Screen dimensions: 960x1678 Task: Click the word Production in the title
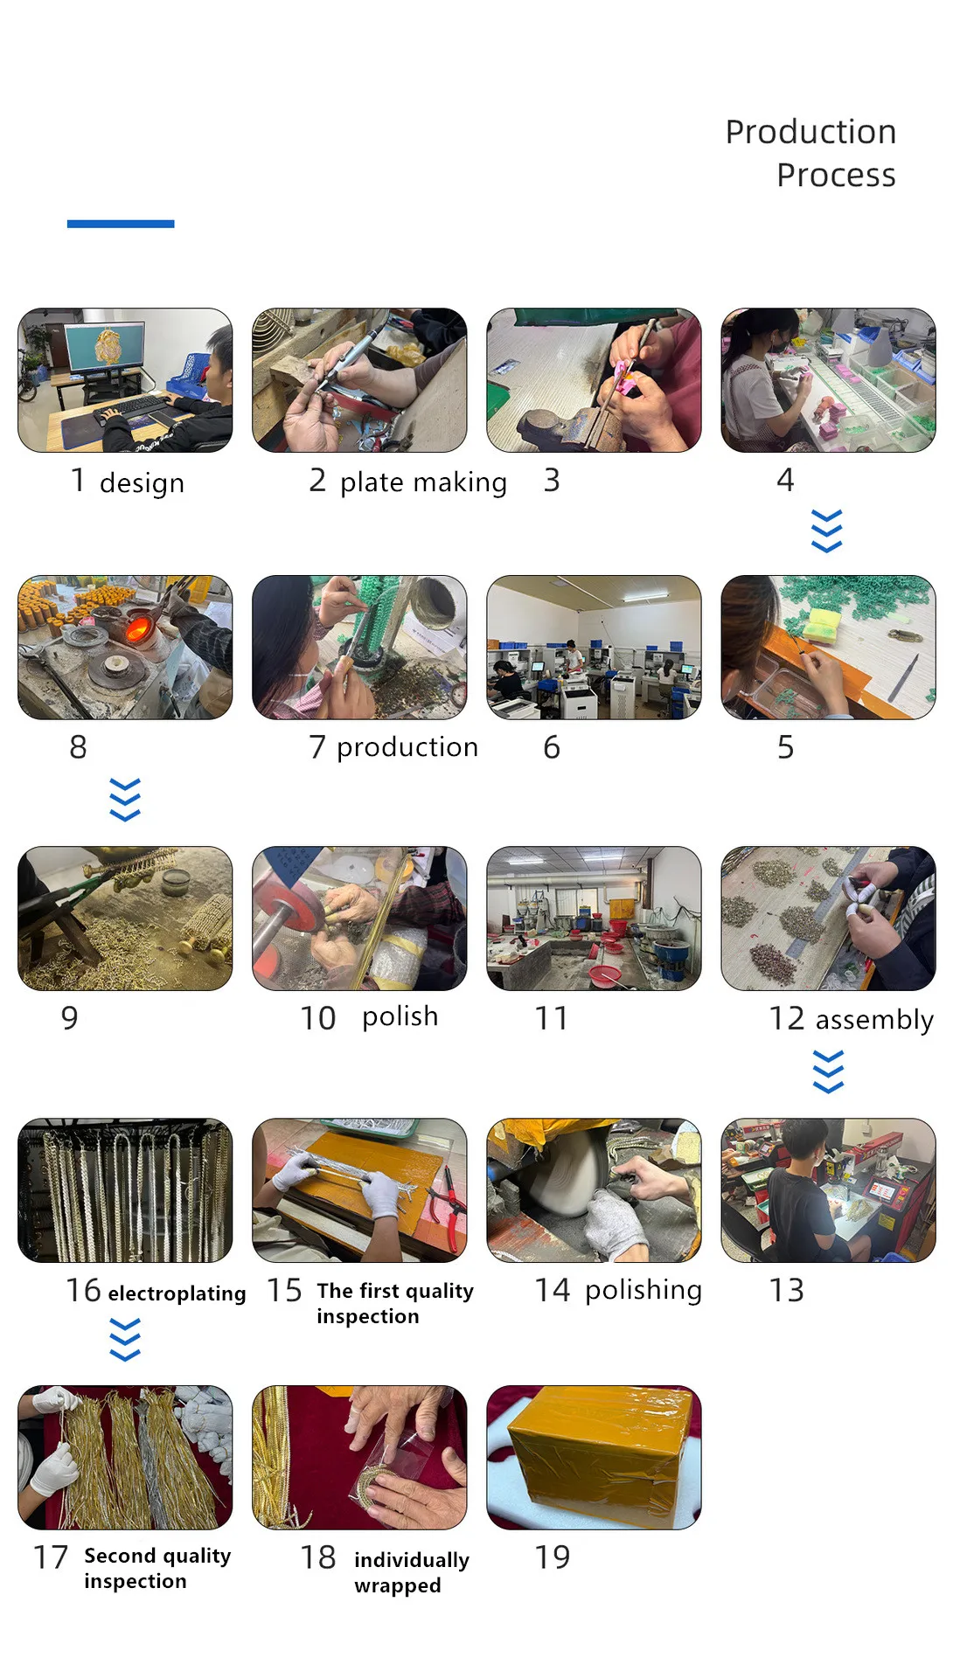(x=810, y=132)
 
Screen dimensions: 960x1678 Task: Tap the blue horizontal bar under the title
(x=121, y=224)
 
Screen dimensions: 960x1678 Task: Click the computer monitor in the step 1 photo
(x=104, y=347)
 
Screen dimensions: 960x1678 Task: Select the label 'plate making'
(x=423, y=482)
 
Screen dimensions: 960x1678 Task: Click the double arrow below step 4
(x=827, y=531)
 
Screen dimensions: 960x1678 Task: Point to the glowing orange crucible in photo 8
(x=136, y=626)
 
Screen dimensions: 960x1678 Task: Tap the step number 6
(x=551, y=747)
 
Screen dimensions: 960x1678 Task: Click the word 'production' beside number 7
(x=407, y=747)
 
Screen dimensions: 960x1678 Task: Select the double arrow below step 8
(x=125, y=800)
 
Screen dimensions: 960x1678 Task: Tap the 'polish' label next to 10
(x=400, y=1017)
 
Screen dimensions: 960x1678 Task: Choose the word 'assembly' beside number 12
(x=874, y=1020)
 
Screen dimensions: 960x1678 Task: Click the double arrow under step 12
(x=828, y=1072)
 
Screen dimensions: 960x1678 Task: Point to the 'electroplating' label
(x=177, y=1293)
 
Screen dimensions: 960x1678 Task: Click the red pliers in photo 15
(x=450, y=1203)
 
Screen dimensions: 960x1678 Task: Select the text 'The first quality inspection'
(x=395, y=1303)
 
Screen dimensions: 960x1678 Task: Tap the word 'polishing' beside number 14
(x=643, y=1291)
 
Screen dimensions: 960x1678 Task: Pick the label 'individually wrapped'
(x=412, y=1572)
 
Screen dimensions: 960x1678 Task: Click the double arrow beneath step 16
(x=125, y=1340)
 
